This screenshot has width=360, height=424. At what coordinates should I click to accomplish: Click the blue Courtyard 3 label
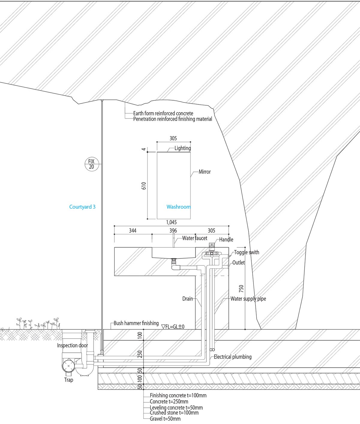pyautogui.click(x=82, y=207)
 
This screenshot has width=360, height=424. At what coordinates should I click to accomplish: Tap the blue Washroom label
pyautogui.click(x=178, y=207)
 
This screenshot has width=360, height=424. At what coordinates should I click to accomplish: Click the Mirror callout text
pyautogui.click(x=205, y=172)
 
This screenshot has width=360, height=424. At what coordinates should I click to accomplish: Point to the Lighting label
pyautogui.click(x=183, y=148)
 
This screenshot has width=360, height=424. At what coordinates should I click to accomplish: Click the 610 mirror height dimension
pyautogui.click(x=144, y=186)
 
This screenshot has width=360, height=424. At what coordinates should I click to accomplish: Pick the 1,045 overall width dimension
pyautogui.click(x=171, y=222)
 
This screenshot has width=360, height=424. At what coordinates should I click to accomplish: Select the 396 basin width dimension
pyautogui.click(x=173, y=231)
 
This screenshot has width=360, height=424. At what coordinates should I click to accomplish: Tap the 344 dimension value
pyautogui.click(x=133, y=231)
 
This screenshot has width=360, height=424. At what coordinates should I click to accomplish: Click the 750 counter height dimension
pyautogui.click(x=241, y=288)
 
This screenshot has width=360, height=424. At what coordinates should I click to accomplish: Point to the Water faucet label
pyautogui.click(x=195, y=238)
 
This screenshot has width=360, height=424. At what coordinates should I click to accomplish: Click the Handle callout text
pyautogui.click(x=226, y=240)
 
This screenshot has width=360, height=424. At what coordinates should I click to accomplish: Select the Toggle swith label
pyautogui.click(x=247, y=252)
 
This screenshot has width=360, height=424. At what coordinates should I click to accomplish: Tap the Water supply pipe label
pyautogui.click(x=248, y=299)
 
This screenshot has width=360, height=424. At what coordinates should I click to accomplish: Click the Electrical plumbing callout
pyautogui.click(x=232, y=357)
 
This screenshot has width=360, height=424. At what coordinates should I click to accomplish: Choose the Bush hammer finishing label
pyautogui.click(x=136, y=323)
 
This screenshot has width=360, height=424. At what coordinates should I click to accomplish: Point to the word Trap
pyautogui.click(x=69, y=380)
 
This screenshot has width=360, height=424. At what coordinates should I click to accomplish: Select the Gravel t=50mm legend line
pyautogui.click(x=165, y=419)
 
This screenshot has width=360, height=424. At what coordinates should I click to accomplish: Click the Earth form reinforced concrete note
pyautogui.click(x=163, y=114)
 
